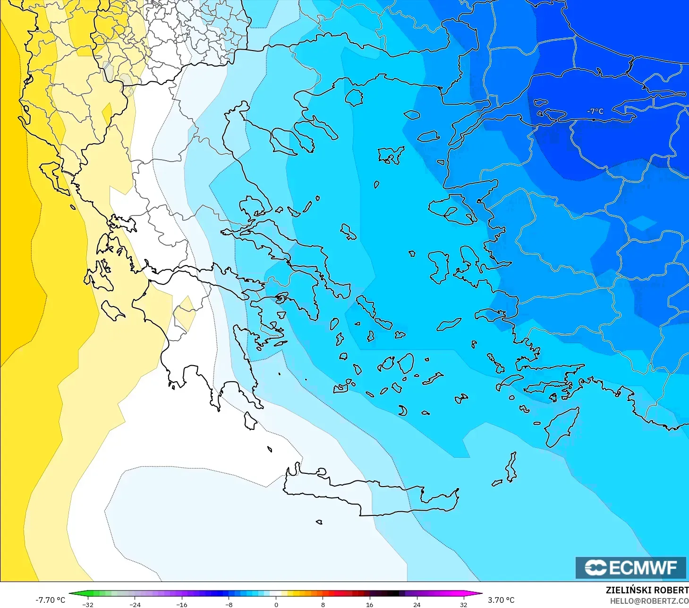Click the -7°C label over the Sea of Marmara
click(x=595, y=111)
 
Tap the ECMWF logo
click(x=630, y=567)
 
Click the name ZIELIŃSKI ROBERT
click(x=647, y=590)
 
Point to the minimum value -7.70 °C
click(x=50, y=600)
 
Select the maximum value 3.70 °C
click(x=501, y=600)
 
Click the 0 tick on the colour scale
click(x=276, y=605)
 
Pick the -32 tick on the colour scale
click(x=88, y=605)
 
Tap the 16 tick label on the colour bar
click(x=369, y=605)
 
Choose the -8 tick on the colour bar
click(x=229, y=605)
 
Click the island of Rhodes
click(x=562, y=427)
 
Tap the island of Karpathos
click(x=511, y=467)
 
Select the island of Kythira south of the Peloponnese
click(x=250, y=420)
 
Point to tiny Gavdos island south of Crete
click(x=319, y=522)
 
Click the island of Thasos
click(x=354, y=97)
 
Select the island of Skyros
click(x=349, y=232)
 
